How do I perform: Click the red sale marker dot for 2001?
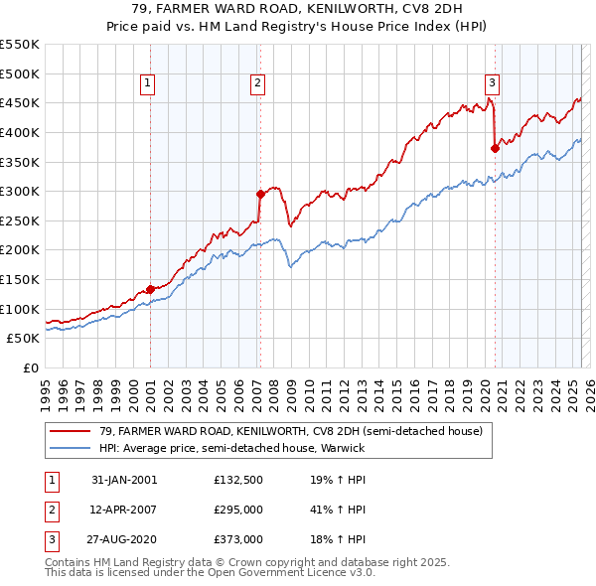pyautogui.click(x=151, y=289)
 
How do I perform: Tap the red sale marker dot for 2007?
pyautogui.click(x=259, y=194)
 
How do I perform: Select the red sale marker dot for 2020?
pyautogui.click(x=494, y=148)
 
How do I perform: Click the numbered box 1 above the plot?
pyautogui.click(x=147, y=83)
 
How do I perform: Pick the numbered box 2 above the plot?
pyautogui.click(x=257, y=83)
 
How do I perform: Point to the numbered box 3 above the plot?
pyautogui.click(x=492, y=83)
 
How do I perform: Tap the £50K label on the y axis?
pyautogui.click(x=24, y=339)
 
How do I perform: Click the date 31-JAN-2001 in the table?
pyautogui.click(x=124, y=479)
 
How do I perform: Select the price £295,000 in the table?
pyautogui.click(x=238, y=510)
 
